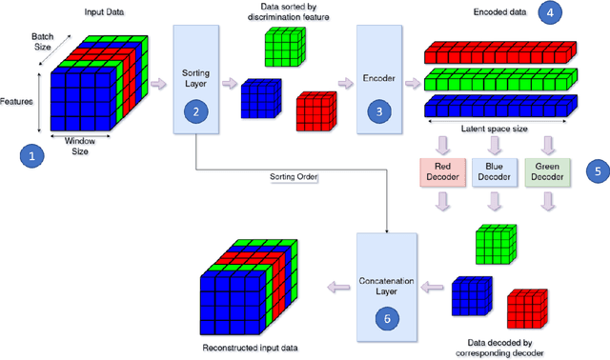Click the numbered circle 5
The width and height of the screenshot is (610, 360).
coord(595,171)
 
